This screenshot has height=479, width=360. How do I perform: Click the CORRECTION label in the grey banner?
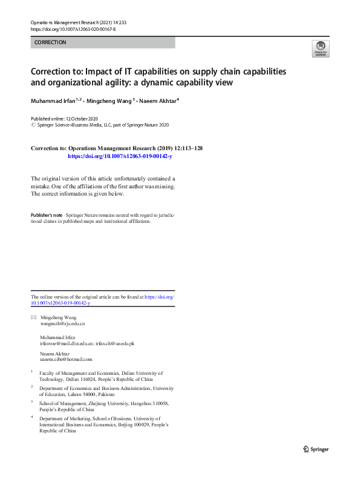[x=51, y=42]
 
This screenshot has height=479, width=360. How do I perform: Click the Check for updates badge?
[x=320, y=48]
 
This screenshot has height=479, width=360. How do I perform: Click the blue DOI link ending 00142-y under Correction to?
[x=120, y=156]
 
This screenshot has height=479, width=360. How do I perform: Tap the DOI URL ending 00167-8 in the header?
[x=73, y=29]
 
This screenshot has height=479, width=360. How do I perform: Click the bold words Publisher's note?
[x=47, y=215]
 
